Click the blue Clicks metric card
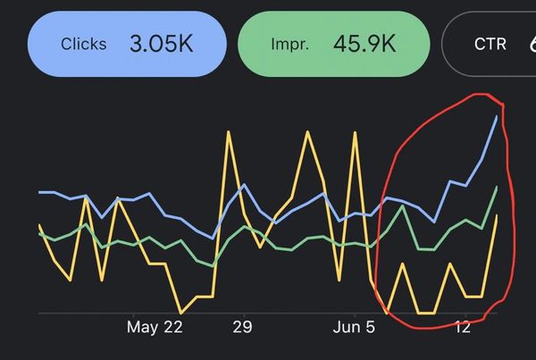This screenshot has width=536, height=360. point(126,44)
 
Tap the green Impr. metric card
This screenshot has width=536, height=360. point(333,44)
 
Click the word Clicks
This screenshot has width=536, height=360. point(83,44)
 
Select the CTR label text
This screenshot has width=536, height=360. point(490,44)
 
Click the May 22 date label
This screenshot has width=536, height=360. point(155,327)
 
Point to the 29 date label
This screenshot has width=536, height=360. point(243,327)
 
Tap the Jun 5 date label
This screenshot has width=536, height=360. point(355,327)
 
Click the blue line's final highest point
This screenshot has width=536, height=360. point(497,116)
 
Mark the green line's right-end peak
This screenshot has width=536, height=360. point(497,187)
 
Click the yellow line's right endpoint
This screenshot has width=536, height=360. point(497,216)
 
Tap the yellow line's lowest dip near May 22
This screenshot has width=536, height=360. point(181,313)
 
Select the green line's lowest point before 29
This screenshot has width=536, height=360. point(211,265)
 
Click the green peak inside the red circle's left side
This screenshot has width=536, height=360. point(404,205)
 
